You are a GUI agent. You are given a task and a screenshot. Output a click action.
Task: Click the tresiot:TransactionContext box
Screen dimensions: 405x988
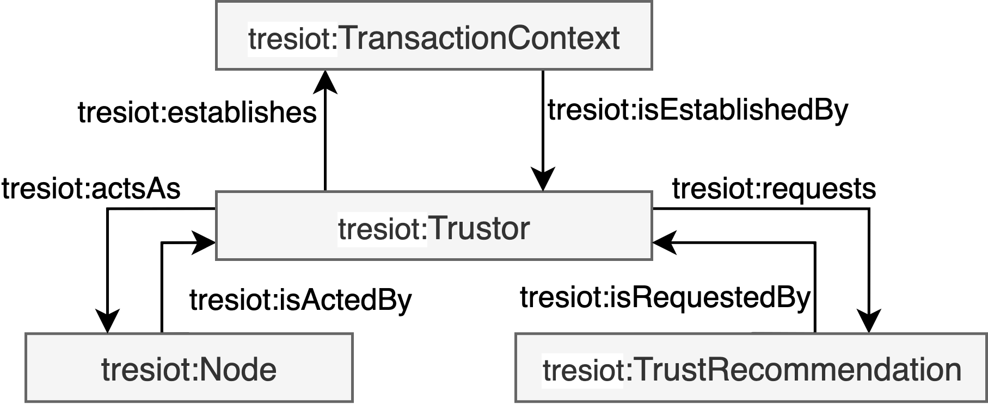point(434,36)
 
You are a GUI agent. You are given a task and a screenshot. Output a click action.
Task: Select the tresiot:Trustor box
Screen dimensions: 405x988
point(434,226)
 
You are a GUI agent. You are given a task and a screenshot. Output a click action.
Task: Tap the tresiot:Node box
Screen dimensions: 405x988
point(189,368)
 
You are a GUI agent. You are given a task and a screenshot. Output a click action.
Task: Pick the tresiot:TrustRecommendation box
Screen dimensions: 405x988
point(751,368)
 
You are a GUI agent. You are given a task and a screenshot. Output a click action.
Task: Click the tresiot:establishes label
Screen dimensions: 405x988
point(197,113)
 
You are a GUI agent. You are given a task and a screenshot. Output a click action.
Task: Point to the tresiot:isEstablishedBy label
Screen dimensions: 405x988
point(697,110)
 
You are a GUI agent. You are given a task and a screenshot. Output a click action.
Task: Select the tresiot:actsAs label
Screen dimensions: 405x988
point(91,189)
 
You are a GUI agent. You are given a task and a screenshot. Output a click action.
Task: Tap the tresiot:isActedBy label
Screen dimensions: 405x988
point(300,300)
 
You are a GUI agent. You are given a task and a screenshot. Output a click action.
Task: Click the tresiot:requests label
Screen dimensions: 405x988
point(774,189)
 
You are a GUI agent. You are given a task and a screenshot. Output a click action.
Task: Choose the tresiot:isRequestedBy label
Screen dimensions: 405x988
point(665,297)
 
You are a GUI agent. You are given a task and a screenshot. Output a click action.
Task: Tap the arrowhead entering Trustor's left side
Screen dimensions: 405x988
point(205,242)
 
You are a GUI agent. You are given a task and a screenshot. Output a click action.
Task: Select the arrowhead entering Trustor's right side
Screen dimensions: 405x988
point(664,242)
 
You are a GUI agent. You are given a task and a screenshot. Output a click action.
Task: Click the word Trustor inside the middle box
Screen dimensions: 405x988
point(479,228)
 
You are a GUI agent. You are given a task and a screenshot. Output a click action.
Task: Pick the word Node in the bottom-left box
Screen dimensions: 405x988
point(238,370)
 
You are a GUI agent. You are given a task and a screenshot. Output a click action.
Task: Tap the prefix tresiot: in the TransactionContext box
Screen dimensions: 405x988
point(293,39)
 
